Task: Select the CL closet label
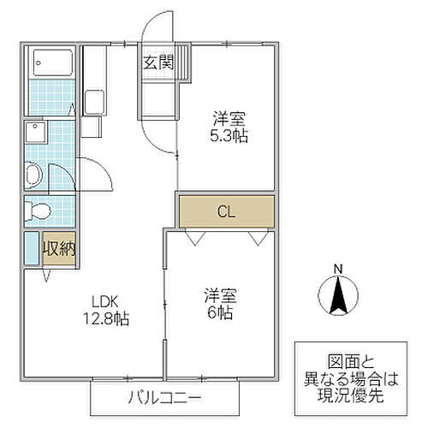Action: (x=226, y=210)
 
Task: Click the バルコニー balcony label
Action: (x=161, y=397)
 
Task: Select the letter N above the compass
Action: (x=338, y=270)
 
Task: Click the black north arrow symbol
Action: (x=338, y=296)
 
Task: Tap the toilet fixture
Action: (x=39, y=211)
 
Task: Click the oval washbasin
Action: (x=33, y=176)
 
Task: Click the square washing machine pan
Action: (x=37, y=134)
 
